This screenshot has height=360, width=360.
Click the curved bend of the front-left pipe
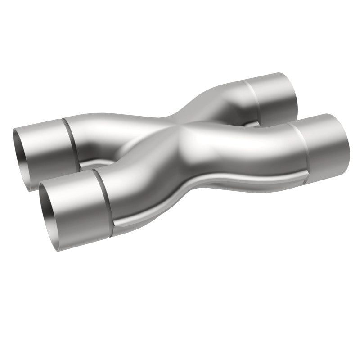pos(135,180)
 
